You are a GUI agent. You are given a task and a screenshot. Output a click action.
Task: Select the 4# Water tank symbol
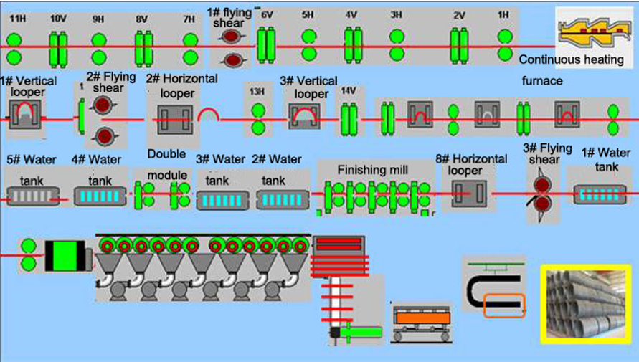coord(100,195)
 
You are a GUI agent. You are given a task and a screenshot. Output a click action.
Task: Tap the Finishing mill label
coord(373,171)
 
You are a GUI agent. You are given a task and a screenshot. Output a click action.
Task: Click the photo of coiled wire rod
coord(584,303)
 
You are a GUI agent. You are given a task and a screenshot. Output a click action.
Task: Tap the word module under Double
coord(167,176)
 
